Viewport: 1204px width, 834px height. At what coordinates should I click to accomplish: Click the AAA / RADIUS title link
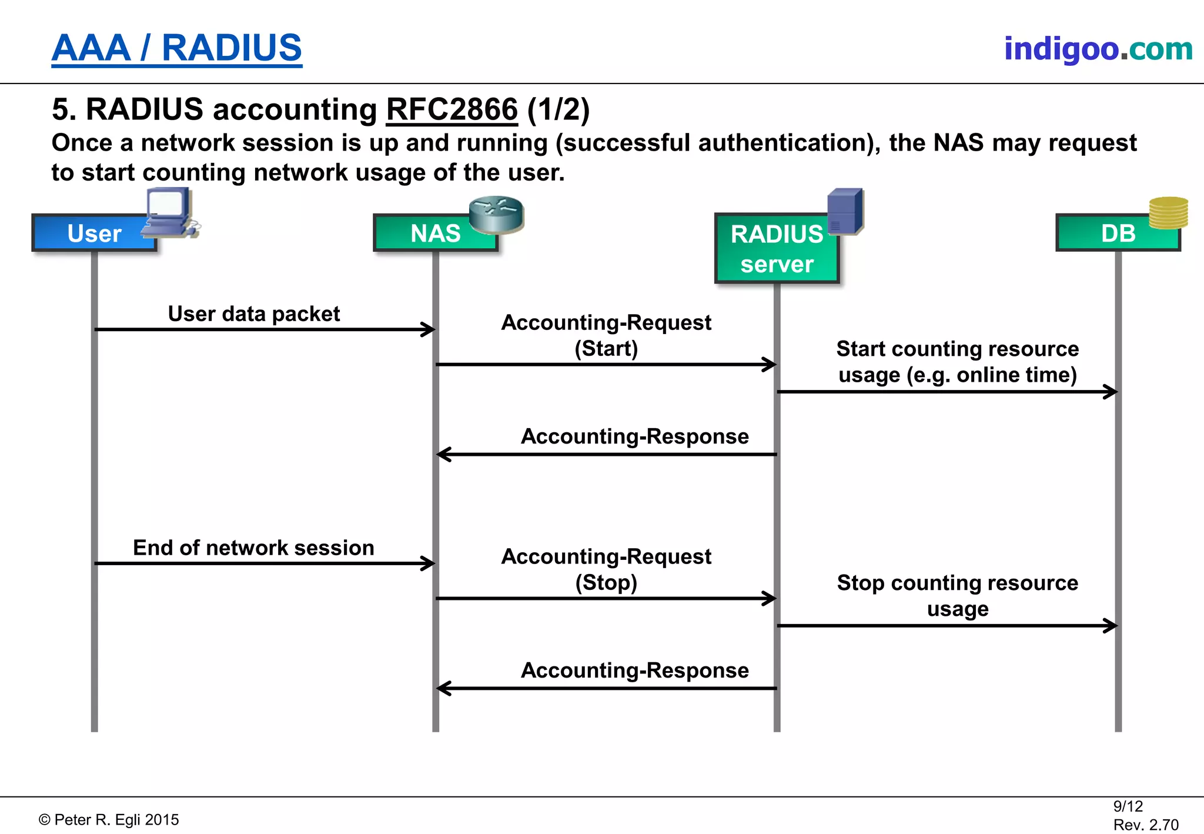tap(176, 48)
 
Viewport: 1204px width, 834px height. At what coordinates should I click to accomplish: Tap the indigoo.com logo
tap(1098, 49)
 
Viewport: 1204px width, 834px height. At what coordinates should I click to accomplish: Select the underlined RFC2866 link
tap(451, 109)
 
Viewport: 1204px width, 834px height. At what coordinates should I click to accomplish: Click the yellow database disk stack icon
tap(1168, 212)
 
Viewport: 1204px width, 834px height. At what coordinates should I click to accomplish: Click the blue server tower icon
tap(845, 210)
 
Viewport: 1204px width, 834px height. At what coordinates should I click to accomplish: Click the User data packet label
tap(253, 313)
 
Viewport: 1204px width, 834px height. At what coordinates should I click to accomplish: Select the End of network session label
tap(253, 548)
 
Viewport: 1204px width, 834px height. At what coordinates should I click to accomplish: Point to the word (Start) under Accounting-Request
tap(606, 348)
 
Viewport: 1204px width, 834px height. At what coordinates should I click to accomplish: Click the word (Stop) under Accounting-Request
tap(606, 582)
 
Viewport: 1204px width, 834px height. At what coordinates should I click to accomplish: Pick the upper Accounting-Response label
tap(634, 436)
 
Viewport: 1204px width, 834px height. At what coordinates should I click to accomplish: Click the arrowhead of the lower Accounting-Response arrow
tap(444, 688)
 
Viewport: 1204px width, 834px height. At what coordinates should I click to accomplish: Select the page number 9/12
tap(1128, 806)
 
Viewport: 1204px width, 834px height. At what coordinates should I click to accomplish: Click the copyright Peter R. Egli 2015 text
tap(109, 820)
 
